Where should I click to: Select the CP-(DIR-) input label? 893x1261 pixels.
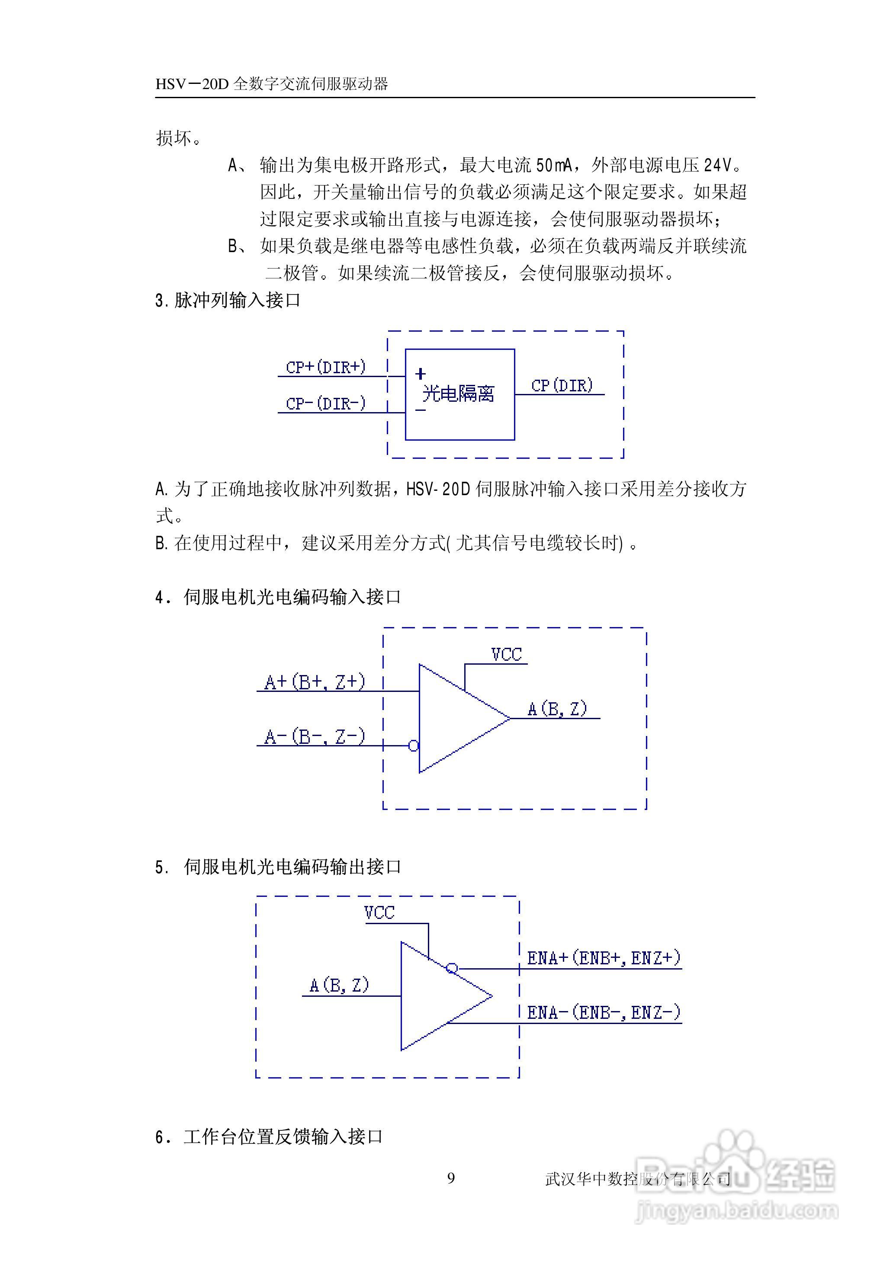point(325,403)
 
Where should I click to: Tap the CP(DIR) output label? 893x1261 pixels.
point(562,385)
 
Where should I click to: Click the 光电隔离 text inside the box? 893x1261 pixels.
point(459,394)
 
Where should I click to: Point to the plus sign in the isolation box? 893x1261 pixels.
point(421,374)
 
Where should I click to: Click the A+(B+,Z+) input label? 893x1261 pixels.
point(315,682)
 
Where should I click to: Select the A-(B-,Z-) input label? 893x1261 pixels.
point(315,736)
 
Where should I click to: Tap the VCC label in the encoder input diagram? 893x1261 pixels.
point(506,654)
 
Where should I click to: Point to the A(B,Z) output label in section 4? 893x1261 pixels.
point(557,709)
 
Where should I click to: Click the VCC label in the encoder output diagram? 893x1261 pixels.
point(379,912)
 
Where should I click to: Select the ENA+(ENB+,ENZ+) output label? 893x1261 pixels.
point(604,958)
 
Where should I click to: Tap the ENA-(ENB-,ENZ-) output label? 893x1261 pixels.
point(604,1011)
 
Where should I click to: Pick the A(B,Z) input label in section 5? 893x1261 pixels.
point(339,985)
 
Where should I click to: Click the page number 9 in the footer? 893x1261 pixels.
point(451,1178)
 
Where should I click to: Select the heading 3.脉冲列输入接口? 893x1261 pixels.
point(228,301)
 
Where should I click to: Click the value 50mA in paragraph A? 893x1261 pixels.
point(554,165)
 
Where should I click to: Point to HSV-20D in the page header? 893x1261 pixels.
point(191,84)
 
